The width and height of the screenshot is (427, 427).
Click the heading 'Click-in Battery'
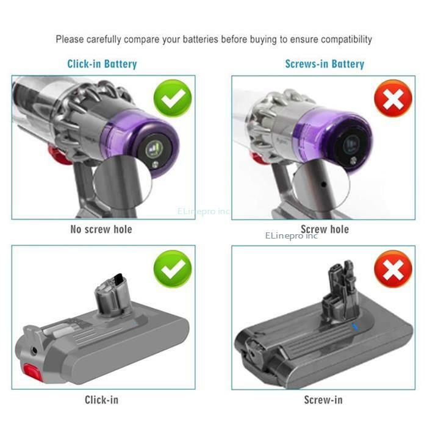pos(102,63)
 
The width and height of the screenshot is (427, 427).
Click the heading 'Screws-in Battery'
pos(325,63)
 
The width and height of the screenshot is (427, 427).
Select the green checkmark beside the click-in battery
pos(173,269)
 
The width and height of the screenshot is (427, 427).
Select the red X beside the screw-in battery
pos(393,269)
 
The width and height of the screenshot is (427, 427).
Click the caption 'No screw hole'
pos(102,229)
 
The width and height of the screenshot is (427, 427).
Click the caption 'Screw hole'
pos(325,229)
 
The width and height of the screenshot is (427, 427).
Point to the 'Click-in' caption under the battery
pos(101,400)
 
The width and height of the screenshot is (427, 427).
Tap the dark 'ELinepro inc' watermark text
pos(292,235)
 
